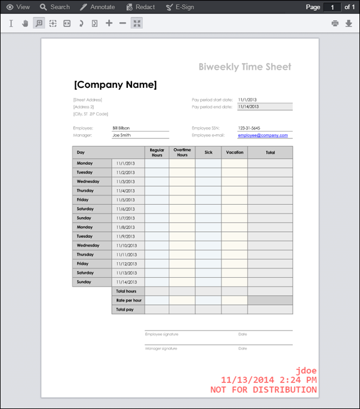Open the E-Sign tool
pyautogui.click(x=180, y=7)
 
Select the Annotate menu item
pyautogui.click(x=97, y=7)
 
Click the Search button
pyautogui.click(x=54, y=7)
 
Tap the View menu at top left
pyautogui.click(x=18, y=7)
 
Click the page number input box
pyautogui.click(x=332, y=7)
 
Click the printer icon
pyautogui.click(x=335, y=24)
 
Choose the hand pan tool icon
pyautogui.click(x=25, y=24)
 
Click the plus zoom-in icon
pyautogui.click(x=109, y=24)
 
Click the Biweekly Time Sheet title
pyautogui.click(x=245, y=67)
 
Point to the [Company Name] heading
pyautogui.click(x=115, y=85)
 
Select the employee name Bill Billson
pyautogui.click(x=122, y=128)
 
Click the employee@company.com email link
pyautogui.click(x=262, y=135)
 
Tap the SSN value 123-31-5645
pyautogui.click(x=249, y=128)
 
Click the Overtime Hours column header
pyautogui.click(x=182, y=153)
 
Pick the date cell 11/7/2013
pyautogui.click(x=126, y=218)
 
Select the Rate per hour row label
pyautogui.click(x=128, y=300)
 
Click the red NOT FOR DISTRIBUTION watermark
pyautogui.click(x=263, y=390)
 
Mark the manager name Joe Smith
pyautogui.click(x=122, y=135)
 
